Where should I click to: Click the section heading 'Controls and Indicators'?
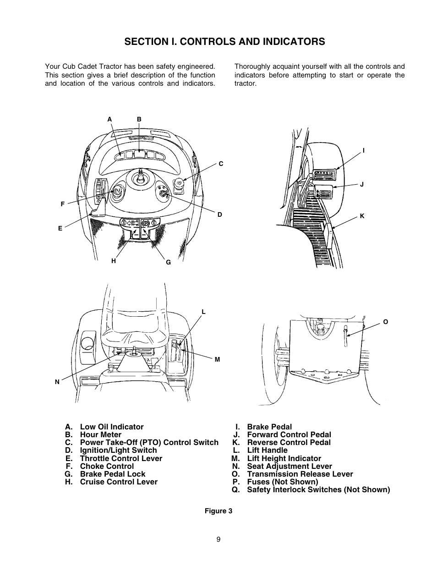[224, 42]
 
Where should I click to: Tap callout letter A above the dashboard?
[109, 119]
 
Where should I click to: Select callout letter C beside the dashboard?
[221, 164]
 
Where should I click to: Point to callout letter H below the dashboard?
[114, 261]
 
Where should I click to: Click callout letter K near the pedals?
[362, 216]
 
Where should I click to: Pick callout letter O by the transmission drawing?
[385, 322]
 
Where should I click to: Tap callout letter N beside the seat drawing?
[57, 381]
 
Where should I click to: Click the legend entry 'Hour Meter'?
[100, 435]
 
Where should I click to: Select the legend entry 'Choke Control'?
[107, 466]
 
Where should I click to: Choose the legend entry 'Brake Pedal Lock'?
[112, 474]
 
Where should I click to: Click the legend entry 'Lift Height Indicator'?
[284, 458]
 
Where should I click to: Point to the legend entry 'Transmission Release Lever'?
[300, 474]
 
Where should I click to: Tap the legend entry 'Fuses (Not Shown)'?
[282, 482]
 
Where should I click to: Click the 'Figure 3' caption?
[218, 511]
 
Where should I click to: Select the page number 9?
[218, 539]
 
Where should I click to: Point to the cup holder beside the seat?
[87, 342]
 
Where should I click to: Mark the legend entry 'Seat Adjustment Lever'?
[290, 466]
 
